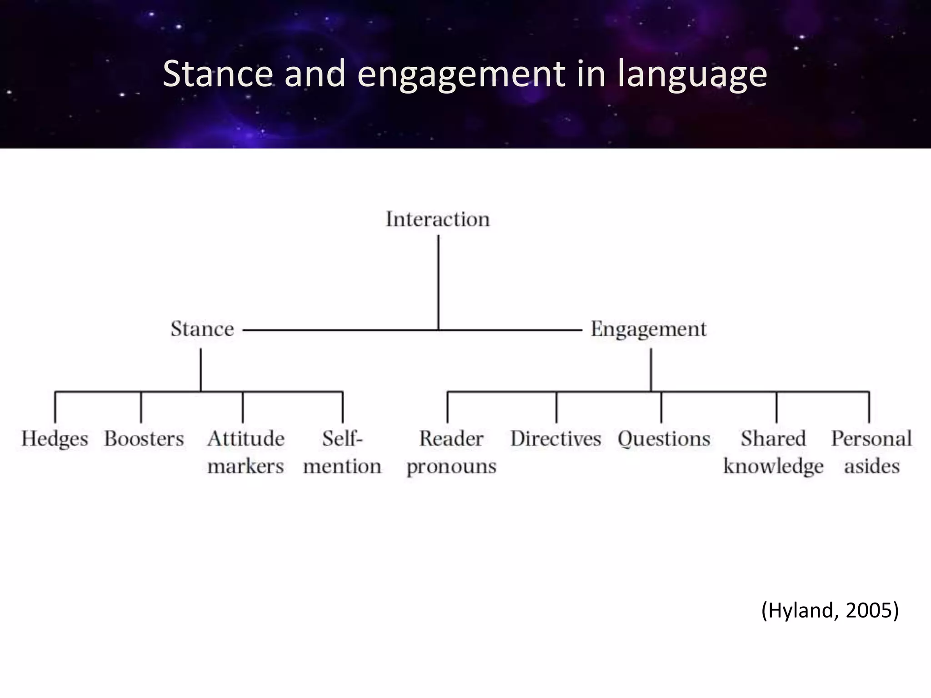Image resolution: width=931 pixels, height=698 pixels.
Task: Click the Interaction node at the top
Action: pyautogui.click(x=438, y=219)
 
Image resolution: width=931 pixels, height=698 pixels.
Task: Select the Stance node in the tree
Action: pyautogui.click(x=202, y=329)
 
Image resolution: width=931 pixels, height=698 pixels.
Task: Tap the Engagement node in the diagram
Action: pyautogui.click(x=649, y=329)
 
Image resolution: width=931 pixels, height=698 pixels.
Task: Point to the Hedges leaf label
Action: pyautogui.click(x=55, y=439)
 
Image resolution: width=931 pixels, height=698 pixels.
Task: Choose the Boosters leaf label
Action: pyautogui.click(x=144, y=439)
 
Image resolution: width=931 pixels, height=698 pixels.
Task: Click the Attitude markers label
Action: pyautogui.click(x=246, y=452)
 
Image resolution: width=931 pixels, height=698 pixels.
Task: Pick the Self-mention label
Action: pyautogui.click(x=342, y=452)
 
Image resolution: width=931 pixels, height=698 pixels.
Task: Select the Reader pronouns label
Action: pyautogui.click(x=451, y=452)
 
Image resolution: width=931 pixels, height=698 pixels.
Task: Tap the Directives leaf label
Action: pyautogui.click(x=556, y=439)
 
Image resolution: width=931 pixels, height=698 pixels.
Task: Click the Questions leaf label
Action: pyautogui.click(x=664, y=439)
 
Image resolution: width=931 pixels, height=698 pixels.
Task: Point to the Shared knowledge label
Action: pyautogui.click(x=773, y=452)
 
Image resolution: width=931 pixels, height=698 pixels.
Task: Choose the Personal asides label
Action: pyautogui.click(x=871, y=452)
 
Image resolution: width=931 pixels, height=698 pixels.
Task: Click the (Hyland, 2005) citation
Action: pyautogui.click(x=830, y=610)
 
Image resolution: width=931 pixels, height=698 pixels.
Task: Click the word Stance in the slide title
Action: pyautogui.click(x=218, y=74)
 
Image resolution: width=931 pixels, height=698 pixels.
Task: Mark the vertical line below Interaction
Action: pyautogui.click(x=438, y=282)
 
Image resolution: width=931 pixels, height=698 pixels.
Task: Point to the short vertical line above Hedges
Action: pyautogui.click(x=55, y=407)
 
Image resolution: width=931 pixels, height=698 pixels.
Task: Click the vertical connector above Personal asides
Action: pyautogui.click(x=869, y=407)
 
